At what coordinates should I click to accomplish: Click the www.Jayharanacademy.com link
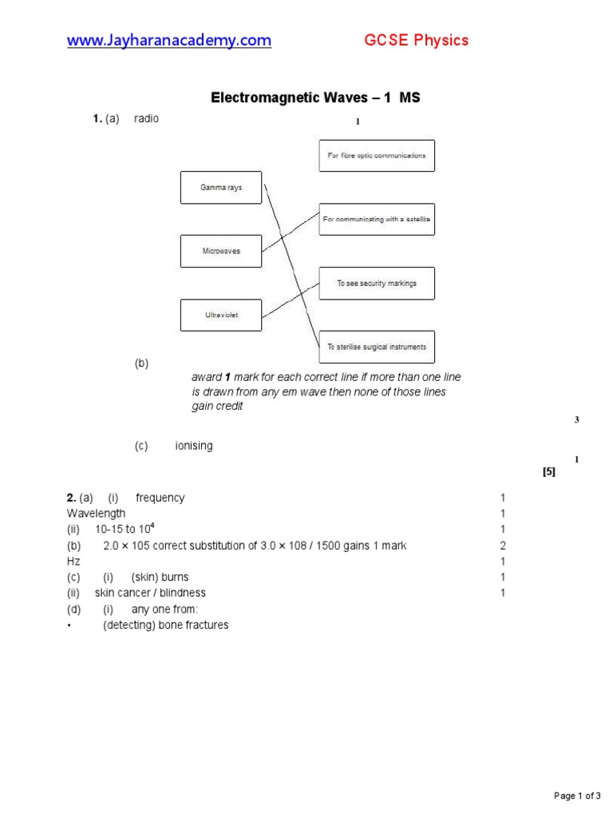[x=168, y=40]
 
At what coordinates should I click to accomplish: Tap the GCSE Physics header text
[x=417, y=40]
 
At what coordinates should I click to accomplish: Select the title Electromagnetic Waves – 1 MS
[x=314, y=98]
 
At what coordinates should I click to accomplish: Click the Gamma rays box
[x=221, y=188]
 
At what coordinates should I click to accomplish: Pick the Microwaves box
[x=221, y=251]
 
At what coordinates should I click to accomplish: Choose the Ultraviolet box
[x=221, y=315]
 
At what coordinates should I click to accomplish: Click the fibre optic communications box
[x=377, y=155]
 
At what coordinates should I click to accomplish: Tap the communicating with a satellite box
[x=377, y=219]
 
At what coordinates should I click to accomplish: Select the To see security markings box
[x=377, y=283]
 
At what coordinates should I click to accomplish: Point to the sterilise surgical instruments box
[x=377, y=347]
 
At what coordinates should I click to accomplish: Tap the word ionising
[x=194, y=446]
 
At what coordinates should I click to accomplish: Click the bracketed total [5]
[x=548, y=471]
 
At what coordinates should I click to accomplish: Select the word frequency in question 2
[x=160, y=498]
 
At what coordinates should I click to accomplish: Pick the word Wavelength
[x=96, y=514]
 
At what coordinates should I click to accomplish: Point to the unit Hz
[x=73, y=562]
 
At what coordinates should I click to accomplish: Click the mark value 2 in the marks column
[x=503, y=546]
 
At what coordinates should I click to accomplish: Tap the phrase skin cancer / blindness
[x=150, y=593]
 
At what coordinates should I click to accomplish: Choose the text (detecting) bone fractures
[x=165, y=625]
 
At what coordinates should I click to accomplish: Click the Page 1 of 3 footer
[x=577, y=796]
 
